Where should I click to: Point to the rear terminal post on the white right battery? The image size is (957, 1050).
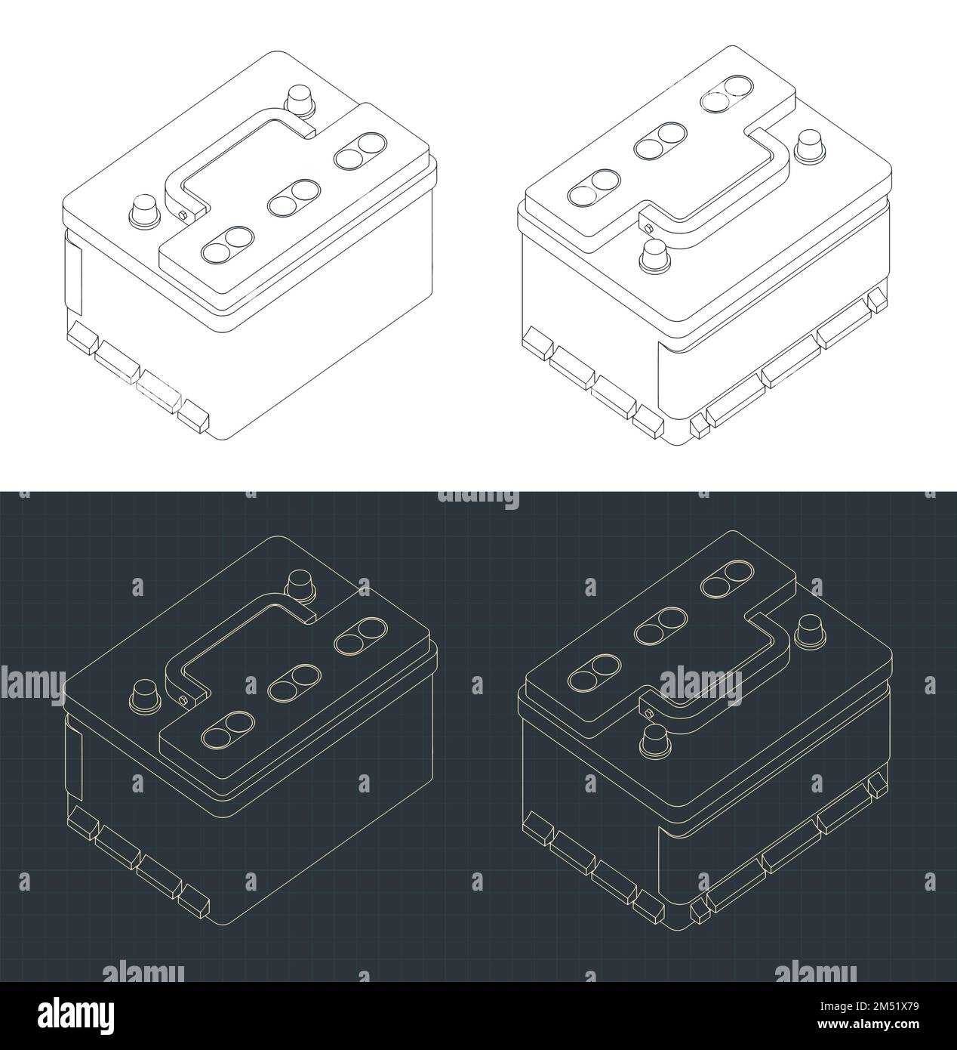(809, 143)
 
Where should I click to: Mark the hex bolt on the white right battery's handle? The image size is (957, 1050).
(647, 224)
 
